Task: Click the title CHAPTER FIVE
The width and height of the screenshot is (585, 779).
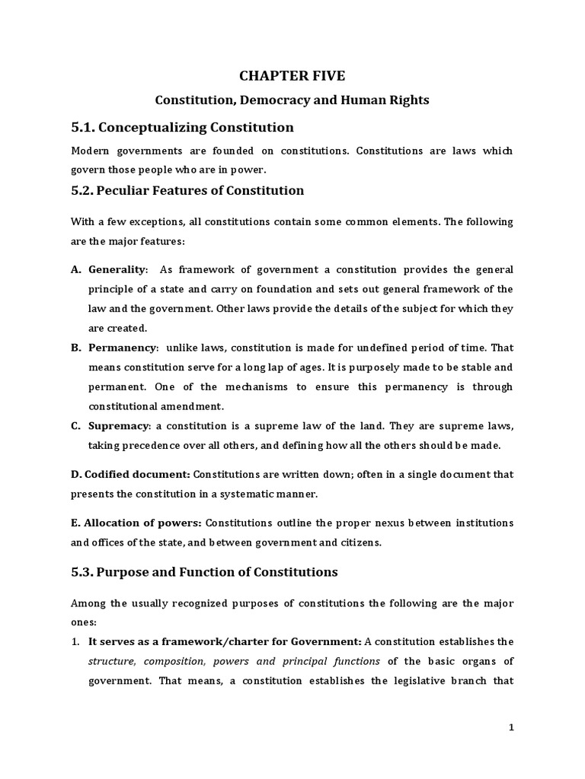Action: coord(292,75)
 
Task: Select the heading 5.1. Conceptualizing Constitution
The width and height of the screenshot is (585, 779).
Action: coord(182,127)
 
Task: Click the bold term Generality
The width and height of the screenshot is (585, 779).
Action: coord(118,270)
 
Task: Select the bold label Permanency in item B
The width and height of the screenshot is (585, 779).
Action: coord(123,348)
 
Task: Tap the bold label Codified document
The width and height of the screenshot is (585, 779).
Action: coord(130,474)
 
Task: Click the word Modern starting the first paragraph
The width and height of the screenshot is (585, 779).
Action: coord(91,151)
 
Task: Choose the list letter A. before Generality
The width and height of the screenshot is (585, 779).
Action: coord(76,270)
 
